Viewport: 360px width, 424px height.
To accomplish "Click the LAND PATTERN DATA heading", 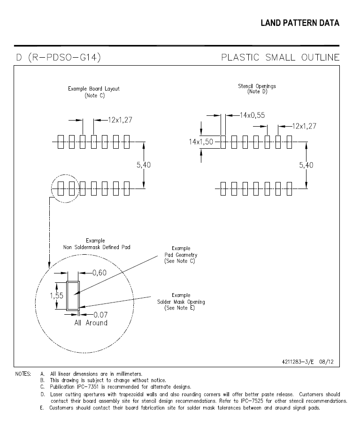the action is (x=300, y=23).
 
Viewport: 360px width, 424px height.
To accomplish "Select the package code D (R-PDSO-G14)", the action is (x=59, y=57).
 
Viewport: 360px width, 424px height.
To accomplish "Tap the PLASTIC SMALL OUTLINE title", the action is (x=280, y=57).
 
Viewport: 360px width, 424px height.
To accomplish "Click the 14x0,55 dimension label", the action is (x=252, y=115).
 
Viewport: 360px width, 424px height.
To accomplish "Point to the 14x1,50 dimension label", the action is (x=201, y=142).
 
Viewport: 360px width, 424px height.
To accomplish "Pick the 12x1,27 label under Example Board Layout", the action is (x=120, y=120).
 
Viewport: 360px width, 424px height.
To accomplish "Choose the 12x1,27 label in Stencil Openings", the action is (x=304, y=126).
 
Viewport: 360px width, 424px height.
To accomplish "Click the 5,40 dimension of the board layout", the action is (x=144, y=165).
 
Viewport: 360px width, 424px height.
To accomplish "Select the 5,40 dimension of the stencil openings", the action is (x=306, y=165).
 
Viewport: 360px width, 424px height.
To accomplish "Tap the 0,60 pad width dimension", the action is (x=100, y=273).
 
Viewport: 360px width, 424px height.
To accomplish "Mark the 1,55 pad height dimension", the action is (x=57, y=295).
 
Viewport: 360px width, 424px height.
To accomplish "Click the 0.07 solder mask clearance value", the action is (x=100, y=315).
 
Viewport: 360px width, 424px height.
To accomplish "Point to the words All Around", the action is (x=91, y=323).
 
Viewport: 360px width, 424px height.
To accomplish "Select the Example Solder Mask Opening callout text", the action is (x=181, y=302).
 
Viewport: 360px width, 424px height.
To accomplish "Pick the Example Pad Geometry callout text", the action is (x=181, y=255).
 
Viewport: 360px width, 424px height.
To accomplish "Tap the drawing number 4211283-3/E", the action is (x=298, y=362).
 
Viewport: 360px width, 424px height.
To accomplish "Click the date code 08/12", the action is (x=326, y=362).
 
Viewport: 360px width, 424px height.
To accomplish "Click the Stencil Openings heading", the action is (x=257, y=86).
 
